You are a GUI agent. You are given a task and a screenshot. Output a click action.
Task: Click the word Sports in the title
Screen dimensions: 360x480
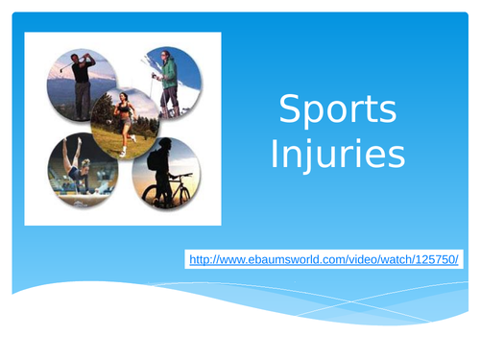[x=336, y=111]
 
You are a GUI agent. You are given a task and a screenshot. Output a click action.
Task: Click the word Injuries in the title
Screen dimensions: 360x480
[x=337, y=154]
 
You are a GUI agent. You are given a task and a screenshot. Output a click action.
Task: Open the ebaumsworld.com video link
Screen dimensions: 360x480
[x=324, y=259]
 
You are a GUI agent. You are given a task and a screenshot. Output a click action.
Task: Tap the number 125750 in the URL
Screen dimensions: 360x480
[x=437, y=259]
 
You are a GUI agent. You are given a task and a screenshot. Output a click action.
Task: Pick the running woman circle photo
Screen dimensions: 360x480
[x=125, y=123]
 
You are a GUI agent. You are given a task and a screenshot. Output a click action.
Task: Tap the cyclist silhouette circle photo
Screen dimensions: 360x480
[x=167, y=172]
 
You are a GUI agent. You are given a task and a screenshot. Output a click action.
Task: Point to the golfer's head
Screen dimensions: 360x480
[x=80, y=59]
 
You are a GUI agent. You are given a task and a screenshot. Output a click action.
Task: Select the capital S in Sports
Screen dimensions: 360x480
[x=286, y=111]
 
